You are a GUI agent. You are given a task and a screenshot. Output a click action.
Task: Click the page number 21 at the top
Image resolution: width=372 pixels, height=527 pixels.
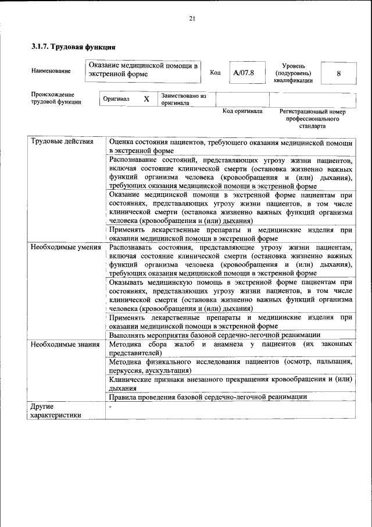192,19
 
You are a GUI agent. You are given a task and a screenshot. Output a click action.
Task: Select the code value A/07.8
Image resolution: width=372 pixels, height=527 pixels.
244,73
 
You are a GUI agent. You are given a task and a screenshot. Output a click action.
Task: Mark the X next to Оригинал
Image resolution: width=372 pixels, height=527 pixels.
146,99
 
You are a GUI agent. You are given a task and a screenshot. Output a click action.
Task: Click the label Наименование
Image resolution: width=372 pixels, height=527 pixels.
51,70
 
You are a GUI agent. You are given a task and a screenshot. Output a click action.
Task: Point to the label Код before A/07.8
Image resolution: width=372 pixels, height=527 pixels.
215,73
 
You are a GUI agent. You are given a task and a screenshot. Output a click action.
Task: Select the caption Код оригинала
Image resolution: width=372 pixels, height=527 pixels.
242,110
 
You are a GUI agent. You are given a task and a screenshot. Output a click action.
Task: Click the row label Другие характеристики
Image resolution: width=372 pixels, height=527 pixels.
56,410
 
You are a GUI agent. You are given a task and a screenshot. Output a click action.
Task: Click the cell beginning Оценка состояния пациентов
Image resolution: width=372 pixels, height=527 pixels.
231,146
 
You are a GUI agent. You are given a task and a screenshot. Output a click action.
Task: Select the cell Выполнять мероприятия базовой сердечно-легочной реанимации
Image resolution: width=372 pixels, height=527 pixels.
214,335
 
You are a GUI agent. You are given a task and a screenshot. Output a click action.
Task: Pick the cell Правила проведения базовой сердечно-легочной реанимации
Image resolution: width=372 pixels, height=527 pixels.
208,397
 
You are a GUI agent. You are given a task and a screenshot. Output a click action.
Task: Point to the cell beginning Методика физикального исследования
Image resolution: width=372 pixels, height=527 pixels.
231,366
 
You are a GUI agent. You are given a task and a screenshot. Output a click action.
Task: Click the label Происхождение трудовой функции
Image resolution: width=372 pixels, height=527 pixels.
56,98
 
